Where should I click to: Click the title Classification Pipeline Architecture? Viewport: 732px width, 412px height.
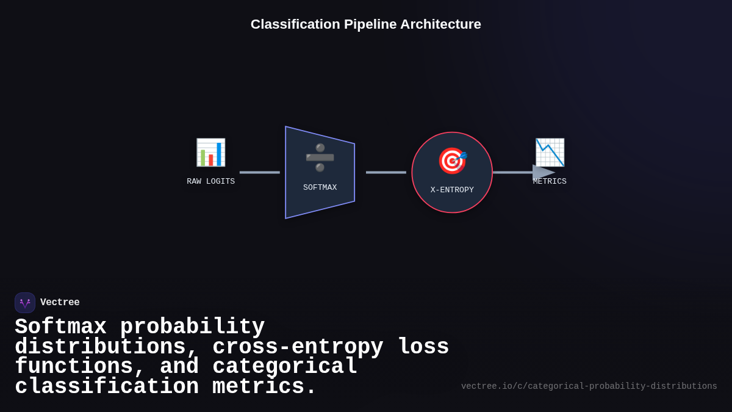tap(366, 24)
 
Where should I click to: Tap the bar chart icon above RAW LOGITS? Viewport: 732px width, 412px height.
tap(210, 153)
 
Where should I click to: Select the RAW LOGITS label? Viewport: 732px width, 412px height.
tap(210, 181)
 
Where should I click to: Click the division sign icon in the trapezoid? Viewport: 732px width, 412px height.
tap(320, 157)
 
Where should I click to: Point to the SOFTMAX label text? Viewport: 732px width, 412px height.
tap(320, 187)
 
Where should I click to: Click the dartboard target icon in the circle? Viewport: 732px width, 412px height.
tap(452, 161)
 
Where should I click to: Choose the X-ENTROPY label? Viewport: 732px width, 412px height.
tap(452, 190)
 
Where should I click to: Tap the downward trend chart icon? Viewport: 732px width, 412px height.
tap(550, 153)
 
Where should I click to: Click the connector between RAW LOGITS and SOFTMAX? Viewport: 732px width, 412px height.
tap(260, 172)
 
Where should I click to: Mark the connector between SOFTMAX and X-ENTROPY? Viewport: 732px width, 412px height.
tap(386, 172)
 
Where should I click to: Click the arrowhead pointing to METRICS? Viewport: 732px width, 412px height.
tap(543, 172)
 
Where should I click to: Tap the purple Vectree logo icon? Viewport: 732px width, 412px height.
tap(25, 303)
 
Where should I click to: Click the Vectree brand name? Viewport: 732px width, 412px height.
tap(60, 302)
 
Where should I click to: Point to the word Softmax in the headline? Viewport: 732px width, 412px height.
tap(60, 327)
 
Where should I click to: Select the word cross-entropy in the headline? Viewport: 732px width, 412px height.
tap(298, 347)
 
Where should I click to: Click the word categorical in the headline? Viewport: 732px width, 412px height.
tap(285, 366)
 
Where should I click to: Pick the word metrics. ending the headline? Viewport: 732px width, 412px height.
tap(264, 386)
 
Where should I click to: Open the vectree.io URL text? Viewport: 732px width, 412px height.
tap(589, 386)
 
